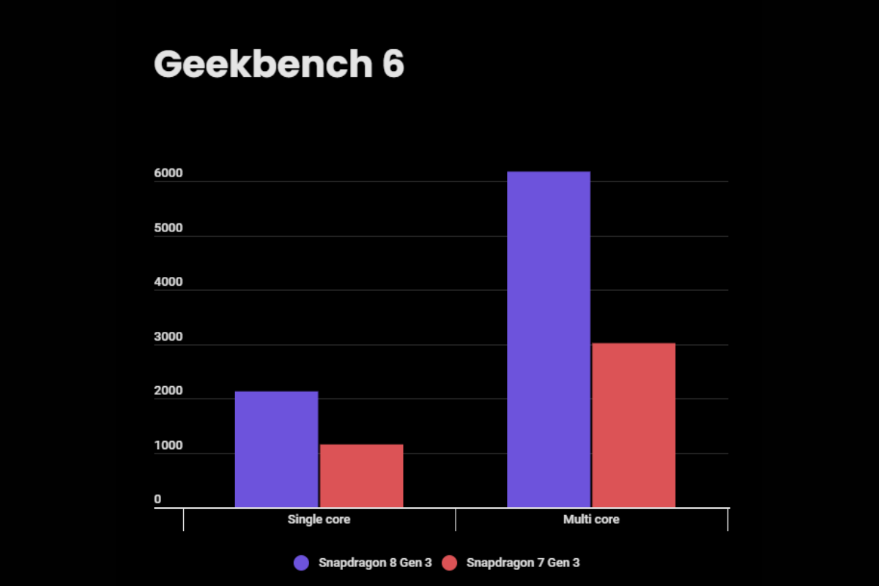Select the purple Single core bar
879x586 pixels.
point(276,449)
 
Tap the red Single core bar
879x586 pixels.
point(361,475)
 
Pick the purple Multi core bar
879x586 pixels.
point(549,339)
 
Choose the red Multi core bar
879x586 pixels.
point(634,425)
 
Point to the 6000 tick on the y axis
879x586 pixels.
point(168,174)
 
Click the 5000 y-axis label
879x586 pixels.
point(168,228)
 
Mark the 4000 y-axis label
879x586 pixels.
point(168,282)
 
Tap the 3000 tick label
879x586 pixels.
point(168,337)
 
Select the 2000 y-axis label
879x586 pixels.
point(168,391)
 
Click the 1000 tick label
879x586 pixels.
point(168,445)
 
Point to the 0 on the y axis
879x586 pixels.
point(157,500)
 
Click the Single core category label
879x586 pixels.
point(319,519)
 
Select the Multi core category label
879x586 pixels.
point(591,519)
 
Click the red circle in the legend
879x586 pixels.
point(450,563)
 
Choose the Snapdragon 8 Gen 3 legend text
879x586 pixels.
point(375,563)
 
